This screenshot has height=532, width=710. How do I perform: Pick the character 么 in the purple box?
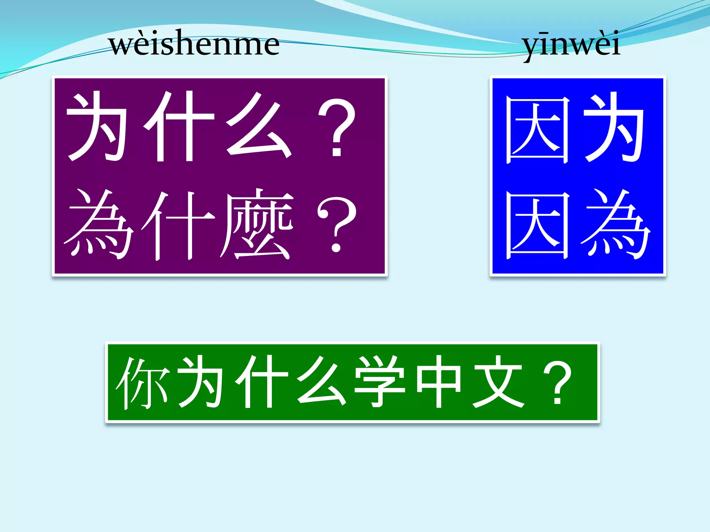(x=258, y=126)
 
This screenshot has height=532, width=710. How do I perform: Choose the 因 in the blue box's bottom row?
(x=537, y=225)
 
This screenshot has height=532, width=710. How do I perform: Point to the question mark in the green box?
(x=558, y=382)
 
